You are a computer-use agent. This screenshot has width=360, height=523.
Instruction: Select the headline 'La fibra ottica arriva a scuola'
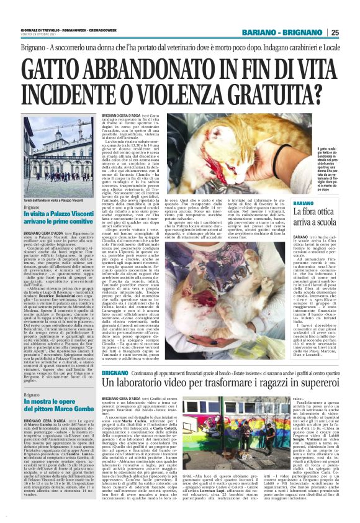click(x=315, y=217)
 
